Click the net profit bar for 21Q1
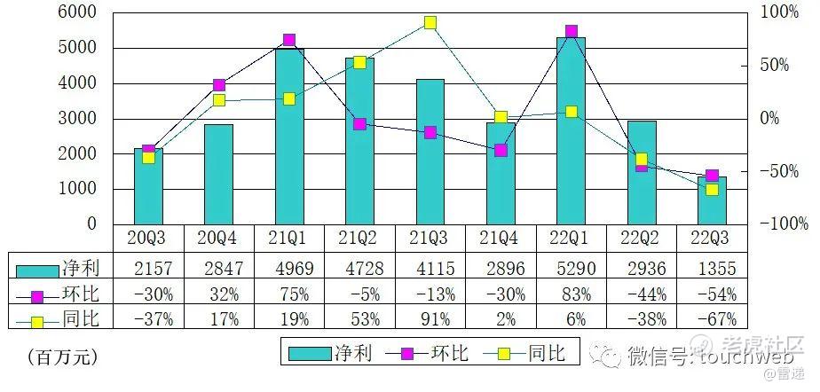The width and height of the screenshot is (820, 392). [289, 137]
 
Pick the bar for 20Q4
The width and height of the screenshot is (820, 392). [219, 175]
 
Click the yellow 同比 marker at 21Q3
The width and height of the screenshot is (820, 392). [430, 22]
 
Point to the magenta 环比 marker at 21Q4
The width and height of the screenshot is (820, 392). [501, 150]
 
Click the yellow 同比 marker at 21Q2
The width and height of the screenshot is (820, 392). [359, 62]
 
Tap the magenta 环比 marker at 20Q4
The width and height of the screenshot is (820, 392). [219, 85]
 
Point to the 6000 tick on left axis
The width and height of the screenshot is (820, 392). [78, 12]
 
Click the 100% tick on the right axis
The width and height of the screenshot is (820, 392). [780, 12]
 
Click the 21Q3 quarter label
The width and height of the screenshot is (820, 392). [430, 239]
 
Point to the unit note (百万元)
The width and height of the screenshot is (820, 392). [62, 357]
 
